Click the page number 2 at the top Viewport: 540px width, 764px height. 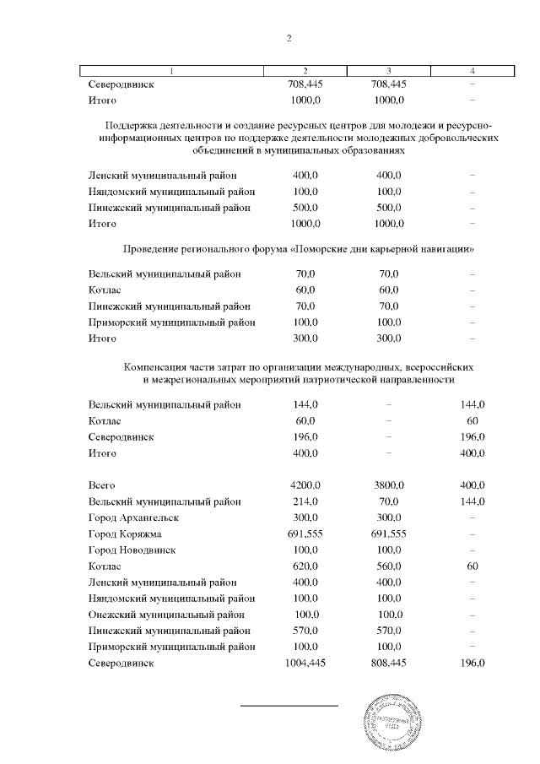point(289,38)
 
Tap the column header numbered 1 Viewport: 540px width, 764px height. point(172,70)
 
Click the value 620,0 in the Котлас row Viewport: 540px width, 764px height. point(305,566)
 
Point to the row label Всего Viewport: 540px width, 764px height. point(101,486)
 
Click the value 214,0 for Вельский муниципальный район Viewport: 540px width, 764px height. point(305,501)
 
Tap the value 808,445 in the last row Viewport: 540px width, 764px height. point(388,664)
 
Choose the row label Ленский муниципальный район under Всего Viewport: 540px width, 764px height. point(163,582)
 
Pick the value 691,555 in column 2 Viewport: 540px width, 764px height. point(305,534)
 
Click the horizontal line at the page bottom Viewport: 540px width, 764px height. point(289,703)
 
